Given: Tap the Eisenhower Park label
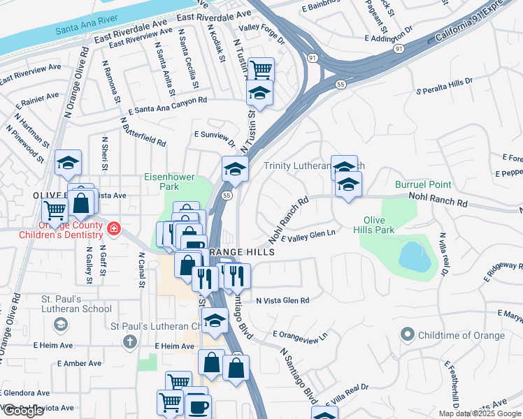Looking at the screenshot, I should pos(169,182).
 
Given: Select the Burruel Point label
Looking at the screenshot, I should pos(423,185).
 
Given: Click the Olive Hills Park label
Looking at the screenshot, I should pos(378,225).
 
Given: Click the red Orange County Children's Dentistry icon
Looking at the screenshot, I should pos(114,228).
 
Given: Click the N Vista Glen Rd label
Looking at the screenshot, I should pos(282,301).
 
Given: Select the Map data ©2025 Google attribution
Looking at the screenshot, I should pos(480,413).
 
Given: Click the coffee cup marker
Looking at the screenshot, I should pos(198,407).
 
